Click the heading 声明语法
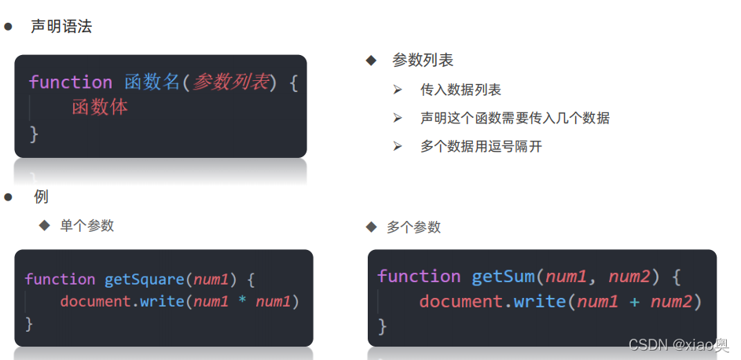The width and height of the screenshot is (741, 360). point(61,26)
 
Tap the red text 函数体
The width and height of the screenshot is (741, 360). point(100,108)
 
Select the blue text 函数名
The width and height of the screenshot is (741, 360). point(152,82)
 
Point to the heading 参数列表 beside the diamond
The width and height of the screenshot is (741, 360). point(423,60)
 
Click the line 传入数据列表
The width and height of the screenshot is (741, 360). point(460,90)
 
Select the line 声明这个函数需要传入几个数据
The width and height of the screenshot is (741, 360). point(515,118)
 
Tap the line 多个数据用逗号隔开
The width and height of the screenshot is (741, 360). point(481,146)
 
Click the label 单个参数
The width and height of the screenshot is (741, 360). point(87,226)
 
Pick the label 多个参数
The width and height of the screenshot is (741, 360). point(413,227)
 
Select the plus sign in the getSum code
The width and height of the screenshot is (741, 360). point(634,301)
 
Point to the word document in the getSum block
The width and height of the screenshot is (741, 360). point(460,301)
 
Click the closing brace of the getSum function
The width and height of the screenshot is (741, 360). point(383,325)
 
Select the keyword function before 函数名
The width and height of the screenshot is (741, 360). point(71,82)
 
